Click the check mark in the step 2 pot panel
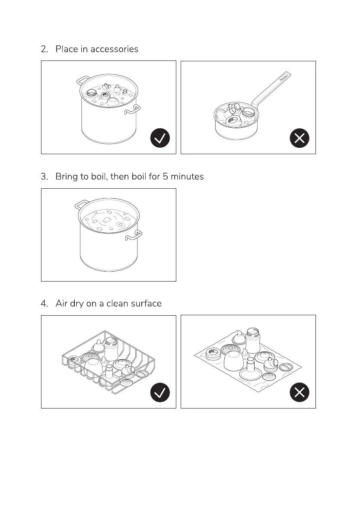click(x=160, y=138)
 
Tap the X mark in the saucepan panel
click(x=299, y=138)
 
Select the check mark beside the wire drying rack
click(x=160, y=393)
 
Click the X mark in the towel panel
click(x=299, y=393)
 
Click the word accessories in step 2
click(x=114, y=49)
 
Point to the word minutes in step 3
click(x=185, y=177)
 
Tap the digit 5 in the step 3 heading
click(x=166, y=177)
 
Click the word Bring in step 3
click(x=65, y=177)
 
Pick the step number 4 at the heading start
click(x=44, y=304)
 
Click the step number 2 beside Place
click(x=44, y=49)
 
